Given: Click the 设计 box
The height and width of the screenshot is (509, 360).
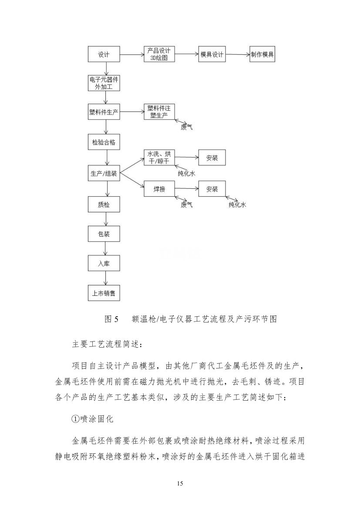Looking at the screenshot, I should coord(103,55).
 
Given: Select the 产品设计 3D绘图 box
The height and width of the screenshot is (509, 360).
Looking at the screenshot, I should coord(159,54).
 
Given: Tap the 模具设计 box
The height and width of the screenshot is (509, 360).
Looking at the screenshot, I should coord(212,54).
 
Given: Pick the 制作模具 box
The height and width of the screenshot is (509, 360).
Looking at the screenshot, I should coord(262,54).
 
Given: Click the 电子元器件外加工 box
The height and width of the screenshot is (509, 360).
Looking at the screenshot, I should coord(104,84).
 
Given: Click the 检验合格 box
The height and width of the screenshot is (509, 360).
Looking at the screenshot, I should coord(104,142).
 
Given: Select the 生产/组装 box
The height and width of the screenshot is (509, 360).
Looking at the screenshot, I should coord(104,173).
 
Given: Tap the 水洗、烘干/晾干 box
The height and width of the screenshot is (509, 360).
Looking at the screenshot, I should coord(159,157).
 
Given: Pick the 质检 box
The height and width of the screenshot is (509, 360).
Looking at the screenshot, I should coord(104,204).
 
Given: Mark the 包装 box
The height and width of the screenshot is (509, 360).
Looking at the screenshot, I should coord(104,234).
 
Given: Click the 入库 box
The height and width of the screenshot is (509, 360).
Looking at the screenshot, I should coord(104,264).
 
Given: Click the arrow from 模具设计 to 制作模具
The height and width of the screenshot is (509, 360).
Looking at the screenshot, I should coord(238,54).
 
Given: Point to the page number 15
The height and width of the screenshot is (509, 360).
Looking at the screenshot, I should coord(180,483).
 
